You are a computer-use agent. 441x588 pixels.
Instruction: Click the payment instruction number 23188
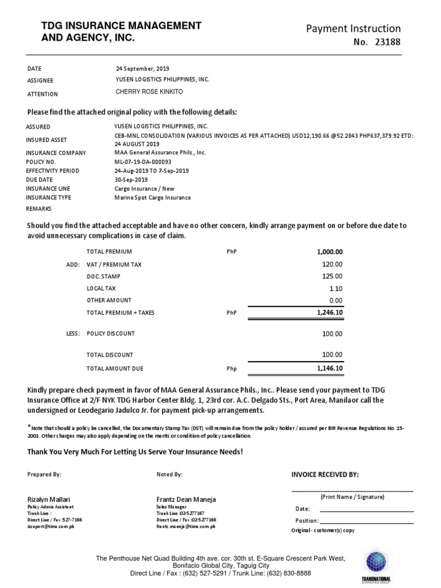point(386,42)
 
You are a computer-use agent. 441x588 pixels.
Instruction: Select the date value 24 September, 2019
point(142,68)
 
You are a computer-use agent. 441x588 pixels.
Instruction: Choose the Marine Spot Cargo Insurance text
point(153,198)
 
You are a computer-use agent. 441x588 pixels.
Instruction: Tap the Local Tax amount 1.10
point(336,289)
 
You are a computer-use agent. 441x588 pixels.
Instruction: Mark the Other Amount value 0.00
point(335,301)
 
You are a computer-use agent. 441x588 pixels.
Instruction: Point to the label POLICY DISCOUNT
point(110,334)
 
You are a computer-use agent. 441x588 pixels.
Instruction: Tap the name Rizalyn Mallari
point(49,500)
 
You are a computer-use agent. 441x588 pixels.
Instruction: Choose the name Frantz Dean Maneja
point(186,500)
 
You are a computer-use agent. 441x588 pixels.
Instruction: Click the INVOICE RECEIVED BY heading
point(326,475)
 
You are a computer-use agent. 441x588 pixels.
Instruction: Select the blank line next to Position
point(366,523)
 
